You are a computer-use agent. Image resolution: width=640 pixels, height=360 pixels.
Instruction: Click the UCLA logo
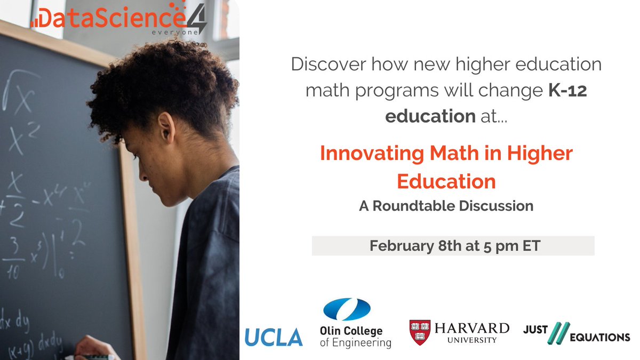274,337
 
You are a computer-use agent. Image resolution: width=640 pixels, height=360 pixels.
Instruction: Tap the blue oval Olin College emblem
347,310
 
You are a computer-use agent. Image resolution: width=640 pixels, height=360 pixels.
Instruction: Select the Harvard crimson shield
419,331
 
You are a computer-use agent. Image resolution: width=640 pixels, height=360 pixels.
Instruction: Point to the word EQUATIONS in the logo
599,337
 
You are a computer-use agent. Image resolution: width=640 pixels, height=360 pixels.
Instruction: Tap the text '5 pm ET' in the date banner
515,246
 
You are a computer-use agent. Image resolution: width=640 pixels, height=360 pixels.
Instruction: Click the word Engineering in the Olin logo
355,342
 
